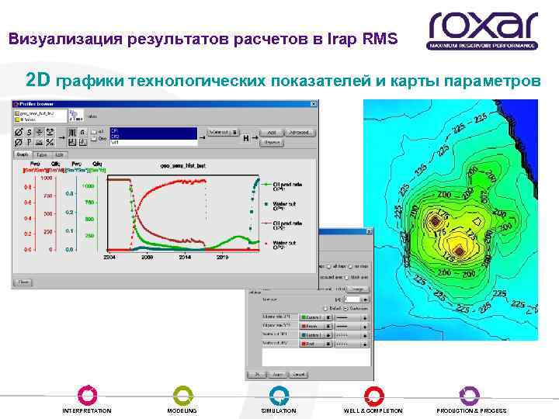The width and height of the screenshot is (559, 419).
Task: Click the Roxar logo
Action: click(x=482, y=31)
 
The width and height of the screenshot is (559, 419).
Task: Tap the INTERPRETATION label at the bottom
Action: click(x=86, y=410)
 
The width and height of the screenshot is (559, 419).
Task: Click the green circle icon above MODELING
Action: click(x=182, y=394)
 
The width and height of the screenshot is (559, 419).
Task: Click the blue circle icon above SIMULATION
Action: click(x=279, y=394)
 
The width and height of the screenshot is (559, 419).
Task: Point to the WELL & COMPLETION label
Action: click(x=373, y=410)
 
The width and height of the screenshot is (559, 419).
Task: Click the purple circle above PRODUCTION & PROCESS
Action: click(x=470, y=394)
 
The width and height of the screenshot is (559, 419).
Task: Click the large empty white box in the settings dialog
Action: click(x=308, y=357)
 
